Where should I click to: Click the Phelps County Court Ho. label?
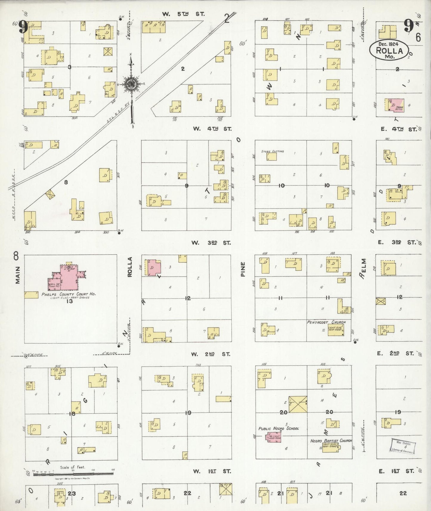[x=69, y=294]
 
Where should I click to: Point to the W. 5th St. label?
[x=180, y=14]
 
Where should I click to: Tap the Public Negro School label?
[x=278, y=428]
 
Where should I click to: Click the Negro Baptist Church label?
[x=331, y=441]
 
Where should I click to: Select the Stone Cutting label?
[x=272, y=151]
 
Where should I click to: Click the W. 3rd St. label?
[x=211, y=243]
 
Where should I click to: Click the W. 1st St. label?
[x=212, y=471]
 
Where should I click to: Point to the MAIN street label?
[x=18, y=275]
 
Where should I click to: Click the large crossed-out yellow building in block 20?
[x=298, y=405]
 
